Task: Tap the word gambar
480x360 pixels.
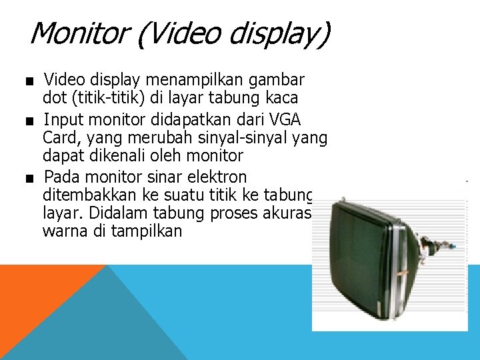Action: (x=276, y=81)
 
